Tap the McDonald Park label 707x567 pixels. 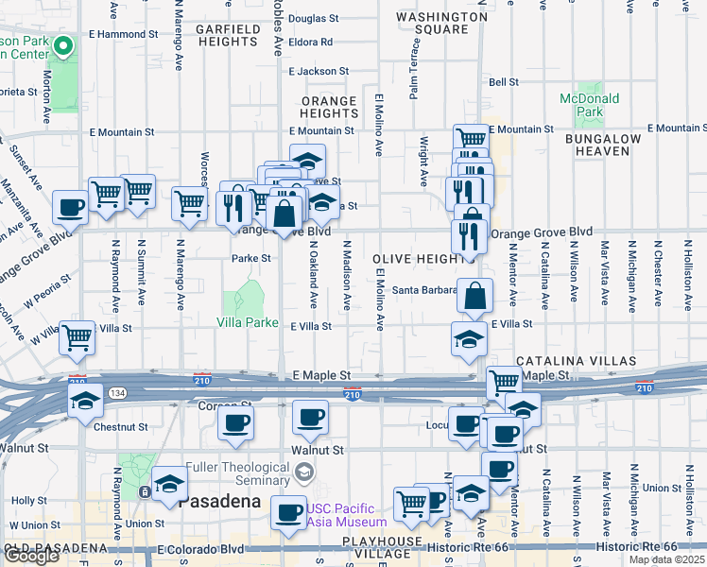[x=589, y=105]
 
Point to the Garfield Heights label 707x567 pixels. [x=228, y=36]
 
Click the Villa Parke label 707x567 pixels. [x=247, y=322]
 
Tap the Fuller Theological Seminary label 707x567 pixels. [x=236, y=474]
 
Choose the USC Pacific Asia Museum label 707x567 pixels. [x=346, y=515]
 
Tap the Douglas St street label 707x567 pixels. [x=313, y=18]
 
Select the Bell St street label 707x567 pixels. [x=505, y=82]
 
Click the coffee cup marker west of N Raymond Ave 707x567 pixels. [x=70, y=206]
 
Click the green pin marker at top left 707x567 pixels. [x=62, y=45]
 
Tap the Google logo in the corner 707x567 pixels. [x=31, y=556]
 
